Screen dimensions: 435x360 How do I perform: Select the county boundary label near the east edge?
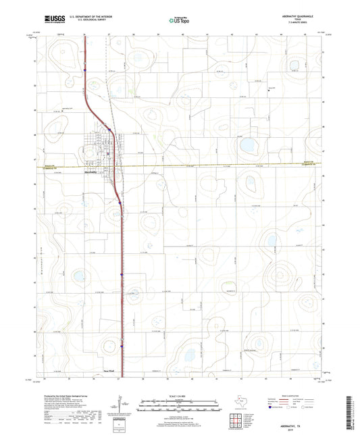[307, 164]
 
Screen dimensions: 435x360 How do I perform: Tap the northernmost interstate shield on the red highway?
[86, 68]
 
